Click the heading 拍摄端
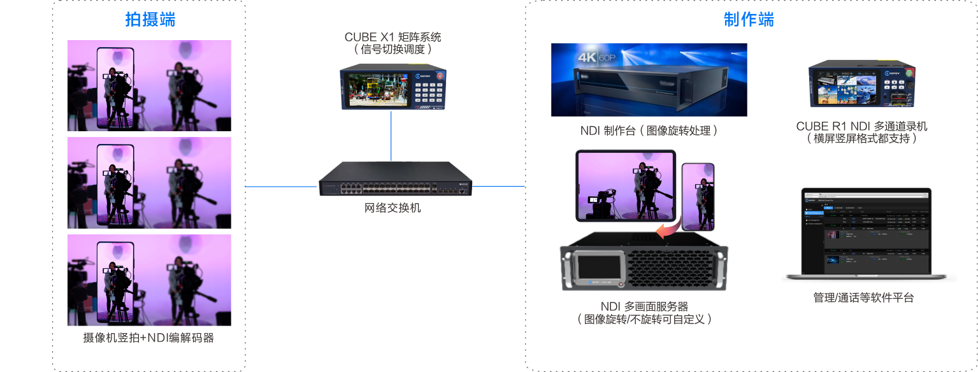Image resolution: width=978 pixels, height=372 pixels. [x=150, y=20]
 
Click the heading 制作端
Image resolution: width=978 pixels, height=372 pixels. [x=749, y=20]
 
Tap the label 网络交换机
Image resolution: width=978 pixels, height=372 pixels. [x=392, y=208]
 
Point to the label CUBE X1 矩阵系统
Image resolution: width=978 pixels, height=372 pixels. [x=392, y=37]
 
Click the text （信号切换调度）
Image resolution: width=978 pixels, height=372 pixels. [x=392, y=49]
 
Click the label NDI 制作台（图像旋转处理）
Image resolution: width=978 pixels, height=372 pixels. [x=649, y=131]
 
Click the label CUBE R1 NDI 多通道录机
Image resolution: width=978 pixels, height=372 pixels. [x=861, y=126]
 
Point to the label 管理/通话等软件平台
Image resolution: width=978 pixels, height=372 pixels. [x=863, y=297]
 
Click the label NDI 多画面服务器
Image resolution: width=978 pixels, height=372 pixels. [x=644, y=306]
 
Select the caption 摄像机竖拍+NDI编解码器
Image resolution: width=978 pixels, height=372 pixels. [x=149, y=338]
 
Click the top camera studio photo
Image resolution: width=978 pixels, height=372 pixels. [x=149, y=86]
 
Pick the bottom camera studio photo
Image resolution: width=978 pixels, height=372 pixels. [x=149, y=280]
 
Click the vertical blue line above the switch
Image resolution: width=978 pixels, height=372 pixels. [x=391, y=135]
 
